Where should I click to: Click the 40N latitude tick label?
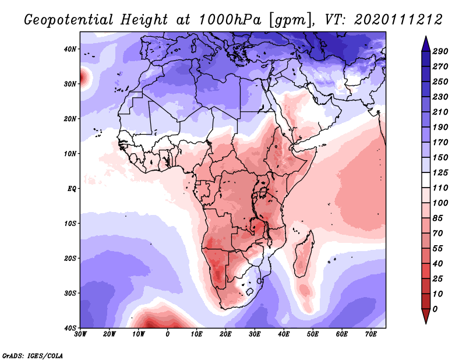tap(70, 49)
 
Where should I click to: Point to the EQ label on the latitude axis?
tap(71, 189)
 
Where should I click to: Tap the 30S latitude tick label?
tap(70, 293)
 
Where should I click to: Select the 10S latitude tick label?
tap(70, 224)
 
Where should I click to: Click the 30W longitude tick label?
tap(80, 334)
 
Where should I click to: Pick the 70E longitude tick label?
tap(370, 334)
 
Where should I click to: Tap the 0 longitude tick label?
tap(168, 334)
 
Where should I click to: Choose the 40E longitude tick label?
tap(284, 334)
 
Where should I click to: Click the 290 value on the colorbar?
tap(440, 51)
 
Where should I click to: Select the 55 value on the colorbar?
tap(440, 248)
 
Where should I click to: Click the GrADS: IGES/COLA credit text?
tap(33, 355)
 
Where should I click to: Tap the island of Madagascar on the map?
tap(303, 255)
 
